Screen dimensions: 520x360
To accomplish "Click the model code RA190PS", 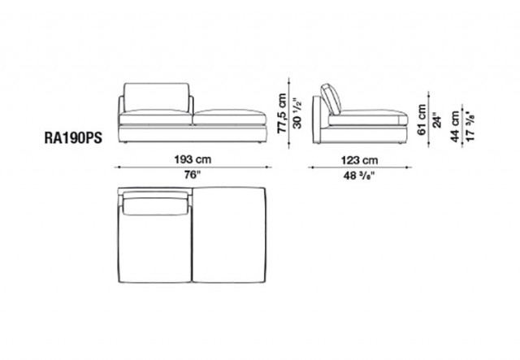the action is (73, 137).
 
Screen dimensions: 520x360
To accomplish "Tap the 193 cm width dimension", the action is (193, 159).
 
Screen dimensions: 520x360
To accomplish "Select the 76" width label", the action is (193, 175).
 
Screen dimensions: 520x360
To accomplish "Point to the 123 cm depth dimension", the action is (359, 161).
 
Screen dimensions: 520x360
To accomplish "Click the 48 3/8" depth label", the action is (359, 176).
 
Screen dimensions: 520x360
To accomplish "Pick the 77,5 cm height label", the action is (282, 113).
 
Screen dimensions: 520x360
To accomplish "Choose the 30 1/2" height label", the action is (297, 113).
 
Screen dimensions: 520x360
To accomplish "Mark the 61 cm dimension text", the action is (422, 119).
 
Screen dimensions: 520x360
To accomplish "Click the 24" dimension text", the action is (437, 122).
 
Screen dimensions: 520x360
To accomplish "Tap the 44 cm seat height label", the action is (455, 127).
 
